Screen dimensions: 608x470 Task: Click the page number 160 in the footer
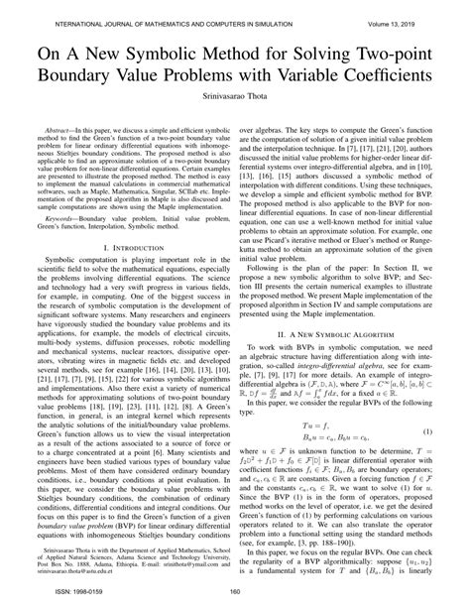pos(235,595)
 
